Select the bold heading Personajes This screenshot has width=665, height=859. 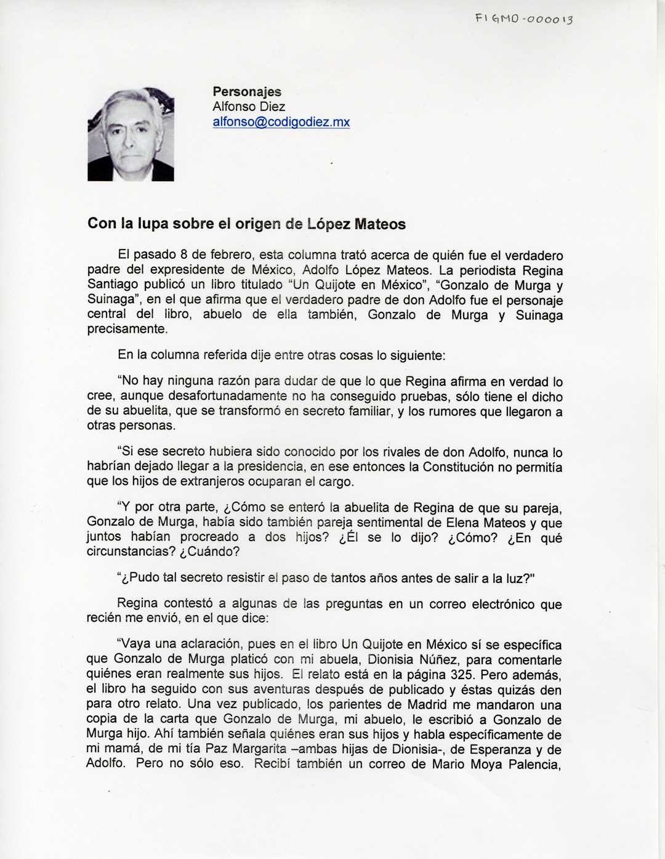[x=247, y=91]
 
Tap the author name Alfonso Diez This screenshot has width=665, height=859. [x=249, y=107]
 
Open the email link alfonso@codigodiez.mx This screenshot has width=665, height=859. [x=281, y=122]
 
